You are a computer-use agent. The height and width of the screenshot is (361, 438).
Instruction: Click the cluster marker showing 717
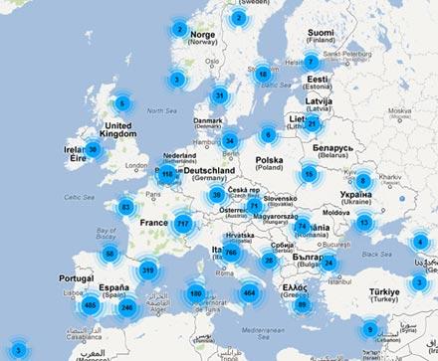(182, 224)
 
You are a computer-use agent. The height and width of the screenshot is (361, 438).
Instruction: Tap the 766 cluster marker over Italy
(231, 253)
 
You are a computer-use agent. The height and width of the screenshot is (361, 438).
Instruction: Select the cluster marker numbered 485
(90, 304)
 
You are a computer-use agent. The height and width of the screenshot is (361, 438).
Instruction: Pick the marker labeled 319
(148, 270)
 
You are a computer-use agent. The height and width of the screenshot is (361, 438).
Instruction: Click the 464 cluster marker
(248, 292)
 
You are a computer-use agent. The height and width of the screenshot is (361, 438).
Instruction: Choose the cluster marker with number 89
(302, 304)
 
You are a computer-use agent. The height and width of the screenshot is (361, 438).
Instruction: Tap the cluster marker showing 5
(122, 102)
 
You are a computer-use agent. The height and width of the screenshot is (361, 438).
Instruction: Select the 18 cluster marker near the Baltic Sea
(263, 73)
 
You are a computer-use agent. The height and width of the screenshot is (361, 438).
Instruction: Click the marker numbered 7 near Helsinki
(311, 61)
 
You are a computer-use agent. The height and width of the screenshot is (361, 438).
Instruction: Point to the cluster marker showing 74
(302, 227)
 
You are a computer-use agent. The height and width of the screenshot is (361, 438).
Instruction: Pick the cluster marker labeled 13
(363, 222)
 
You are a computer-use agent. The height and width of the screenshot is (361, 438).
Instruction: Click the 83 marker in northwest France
(125, 207)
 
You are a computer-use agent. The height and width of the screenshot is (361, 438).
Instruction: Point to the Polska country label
(269, 159)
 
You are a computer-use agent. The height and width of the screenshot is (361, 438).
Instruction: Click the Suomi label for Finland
(320, 33)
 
